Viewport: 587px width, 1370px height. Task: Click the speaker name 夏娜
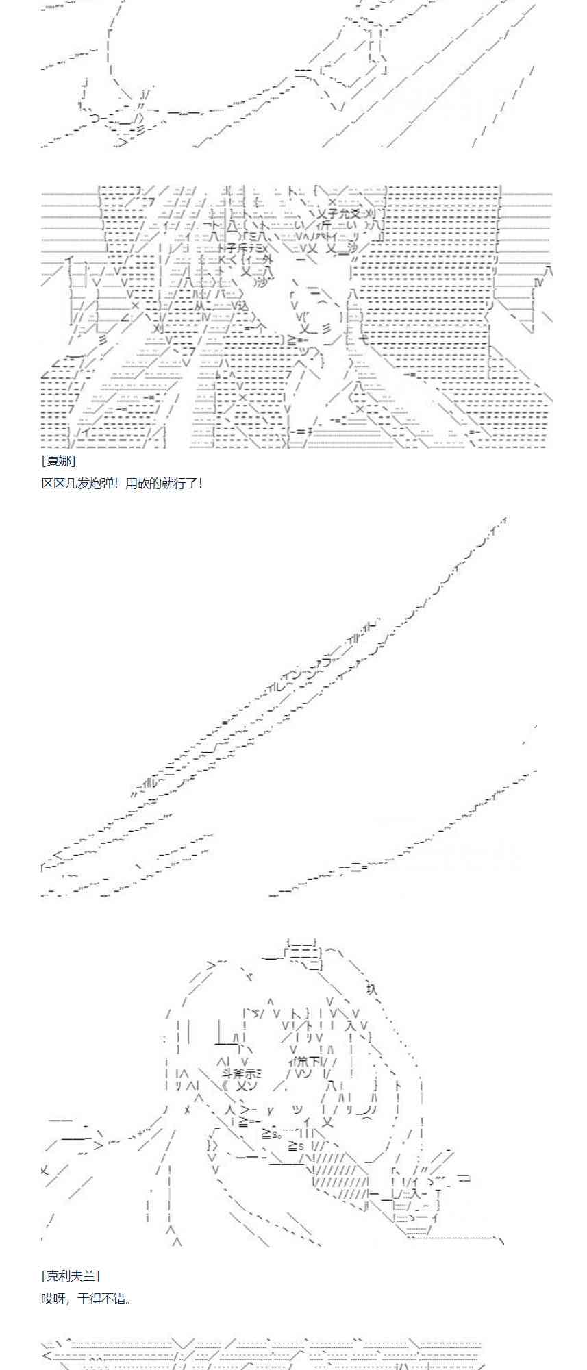[x=58, y=461]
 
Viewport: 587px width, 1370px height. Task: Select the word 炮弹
[x=101, y=484]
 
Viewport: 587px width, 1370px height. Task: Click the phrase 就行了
[x=179, y=484]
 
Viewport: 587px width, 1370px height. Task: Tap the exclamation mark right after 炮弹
[x=117, y=484]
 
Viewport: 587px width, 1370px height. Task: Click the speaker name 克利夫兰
[x=71, y=1275]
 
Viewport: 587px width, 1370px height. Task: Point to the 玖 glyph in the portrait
[x=371, y=988]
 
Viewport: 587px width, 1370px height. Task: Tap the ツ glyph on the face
[x=298, y=1109]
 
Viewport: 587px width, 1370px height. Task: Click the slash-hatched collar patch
[x=339, y=1178]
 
